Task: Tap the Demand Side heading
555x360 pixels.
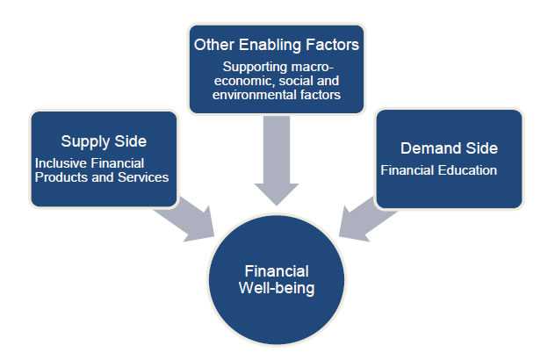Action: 450,148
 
